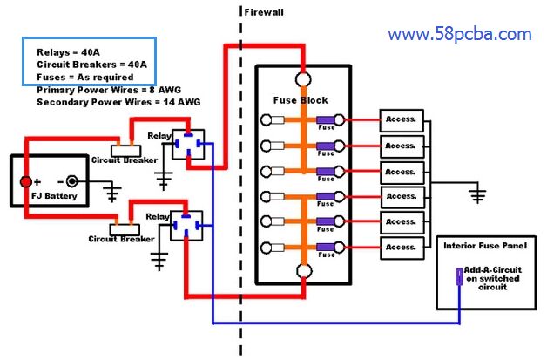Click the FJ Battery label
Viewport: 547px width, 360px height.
click(53, 196)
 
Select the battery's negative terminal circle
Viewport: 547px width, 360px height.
click(72, 182)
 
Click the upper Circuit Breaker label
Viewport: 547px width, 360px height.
click(125, 160)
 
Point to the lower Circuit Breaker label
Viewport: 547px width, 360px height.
click(121, 238)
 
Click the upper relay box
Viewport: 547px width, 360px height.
click(188, 143)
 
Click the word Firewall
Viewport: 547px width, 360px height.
click(264, 13)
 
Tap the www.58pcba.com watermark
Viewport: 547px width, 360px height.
click(459, 35)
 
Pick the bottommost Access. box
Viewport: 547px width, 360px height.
click(402, 248)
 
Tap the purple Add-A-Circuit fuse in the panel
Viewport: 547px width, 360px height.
click(459, 278)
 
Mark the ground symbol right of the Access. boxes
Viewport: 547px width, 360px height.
click(476, 194)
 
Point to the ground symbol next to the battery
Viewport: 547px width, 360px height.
click(111, 193)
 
